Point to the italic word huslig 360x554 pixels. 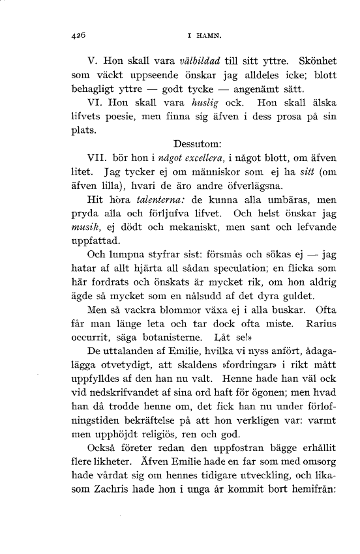[200, 103]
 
